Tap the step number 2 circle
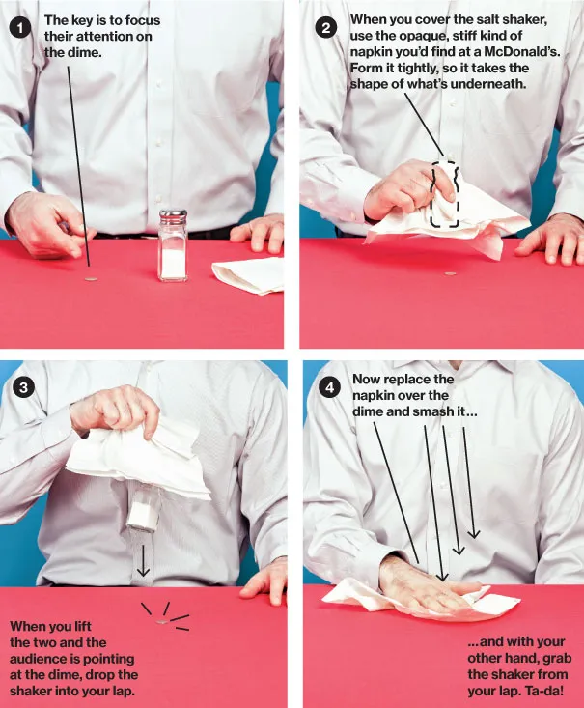click(326, 27)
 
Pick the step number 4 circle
click(330, 388)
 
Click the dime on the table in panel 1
click(90, 279)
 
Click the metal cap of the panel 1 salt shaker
click(173, 216)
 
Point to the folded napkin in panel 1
click(248, 274)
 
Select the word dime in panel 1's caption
click(83, 52)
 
